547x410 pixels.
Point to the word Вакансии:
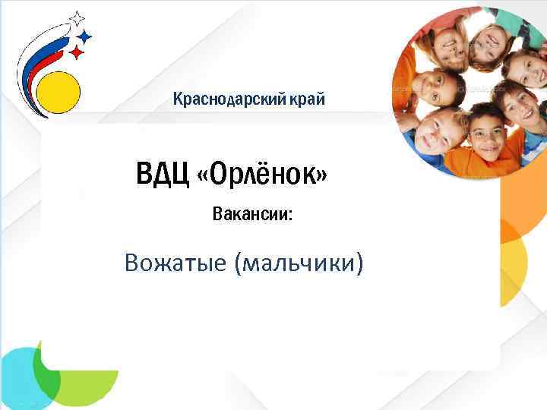click(x=252, y=214)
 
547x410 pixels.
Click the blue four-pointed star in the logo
click(x=85, y=36)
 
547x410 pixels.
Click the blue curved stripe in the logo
click(x=35, y=68)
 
